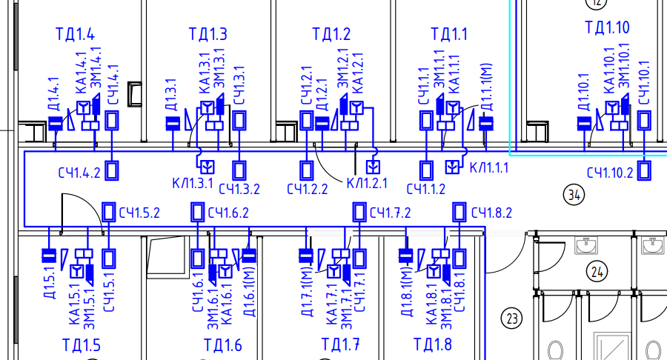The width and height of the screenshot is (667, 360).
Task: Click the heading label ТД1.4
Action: (76, 34)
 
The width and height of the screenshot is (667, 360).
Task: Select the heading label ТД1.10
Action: (607, 27)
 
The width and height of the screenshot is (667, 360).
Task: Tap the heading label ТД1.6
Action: (223, 344)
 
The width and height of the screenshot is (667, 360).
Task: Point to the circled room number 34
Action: (574, 195)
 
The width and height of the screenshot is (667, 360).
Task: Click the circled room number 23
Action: (511, 318)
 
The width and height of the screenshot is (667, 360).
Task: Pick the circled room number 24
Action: (597, 271)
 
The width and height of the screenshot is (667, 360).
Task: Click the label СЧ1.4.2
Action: (79, 173)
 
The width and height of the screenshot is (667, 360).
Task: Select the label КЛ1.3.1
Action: (193, 183)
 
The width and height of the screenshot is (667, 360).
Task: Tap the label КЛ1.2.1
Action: (367, 183)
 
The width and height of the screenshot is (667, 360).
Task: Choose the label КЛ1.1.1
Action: (489, 167)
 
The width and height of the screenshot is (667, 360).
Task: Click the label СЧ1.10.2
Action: (610, 173)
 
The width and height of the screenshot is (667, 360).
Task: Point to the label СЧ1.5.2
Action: (139, 213)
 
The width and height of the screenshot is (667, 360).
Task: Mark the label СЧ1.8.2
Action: (492, 212)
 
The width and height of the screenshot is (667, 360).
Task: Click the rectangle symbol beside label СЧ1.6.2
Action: (197, 212)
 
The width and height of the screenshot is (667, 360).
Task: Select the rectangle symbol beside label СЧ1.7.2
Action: (359, 212)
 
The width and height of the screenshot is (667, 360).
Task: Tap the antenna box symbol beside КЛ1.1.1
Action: (452, 167)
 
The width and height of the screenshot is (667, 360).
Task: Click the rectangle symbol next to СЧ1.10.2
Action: (645, 170)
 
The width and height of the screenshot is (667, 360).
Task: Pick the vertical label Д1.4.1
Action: (54, 94)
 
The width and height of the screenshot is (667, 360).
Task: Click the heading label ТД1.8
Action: (433, 344)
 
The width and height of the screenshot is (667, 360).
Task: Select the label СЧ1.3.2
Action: (239, 189)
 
